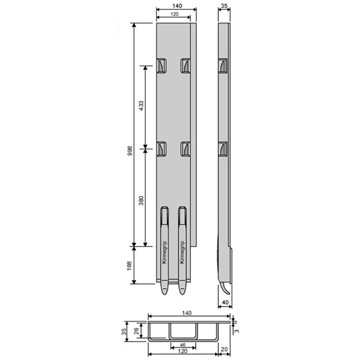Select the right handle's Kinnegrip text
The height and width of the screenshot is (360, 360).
(181, 252)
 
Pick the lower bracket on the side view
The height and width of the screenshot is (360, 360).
(222, 149)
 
